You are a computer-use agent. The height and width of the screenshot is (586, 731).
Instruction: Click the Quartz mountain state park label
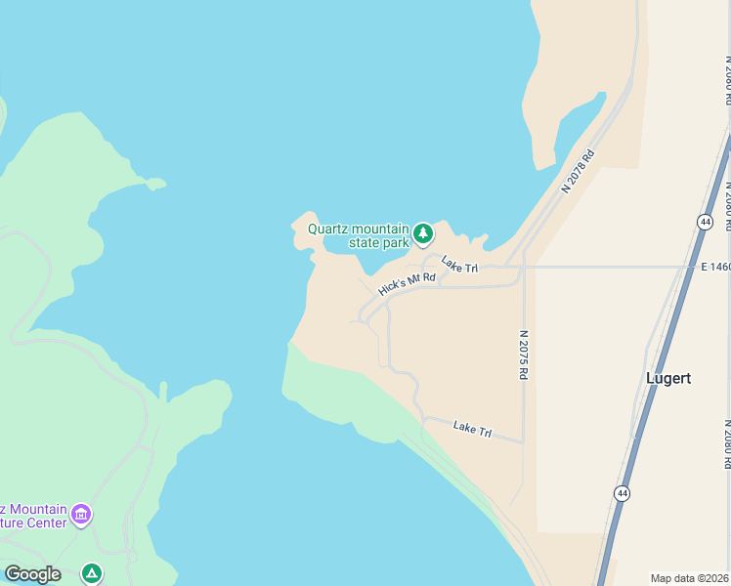click(x=359, y=235)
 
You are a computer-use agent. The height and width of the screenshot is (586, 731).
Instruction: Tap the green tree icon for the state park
click(x=423, y=232)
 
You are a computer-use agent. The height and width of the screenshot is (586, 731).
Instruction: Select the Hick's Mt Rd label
click(x=407, y=284)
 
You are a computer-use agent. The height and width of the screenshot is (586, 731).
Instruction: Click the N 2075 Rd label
click(x=525, y=354)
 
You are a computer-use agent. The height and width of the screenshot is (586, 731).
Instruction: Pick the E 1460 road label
click(x=714, y=266)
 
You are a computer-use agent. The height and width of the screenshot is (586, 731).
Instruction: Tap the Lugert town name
click(x=669, y=378)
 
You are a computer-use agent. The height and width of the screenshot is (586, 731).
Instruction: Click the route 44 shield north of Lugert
click(x=705, y=222)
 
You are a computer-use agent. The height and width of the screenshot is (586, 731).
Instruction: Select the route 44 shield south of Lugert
click(x=623, y=493)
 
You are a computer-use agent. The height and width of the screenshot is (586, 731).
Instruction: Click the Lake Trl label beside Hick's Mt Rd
click(x=459, y=264)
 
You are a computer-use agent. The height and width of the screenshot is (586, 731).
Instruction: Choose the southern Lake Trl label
click(x=473, y=428)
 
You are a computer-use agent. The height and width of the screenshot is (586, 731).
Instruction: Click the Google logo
click(x=32, y=574)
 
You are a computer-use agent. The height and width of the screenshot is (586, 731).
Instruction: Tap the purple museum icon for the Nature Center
click(x=81, y=513)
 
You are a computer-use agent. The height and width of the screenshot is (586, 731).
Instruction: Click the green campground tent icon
click(x=91, y=573)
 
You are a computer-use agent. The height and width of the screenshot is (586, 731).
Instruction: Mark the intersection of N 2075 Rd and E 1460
click(x=525, y=267)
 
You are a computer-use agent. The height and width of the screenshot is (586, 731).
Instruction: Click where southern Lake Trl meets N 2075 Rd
click(x=524, y=442)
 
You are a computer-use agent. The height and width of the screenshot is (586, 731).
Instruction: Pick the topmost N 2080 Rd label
click(x=727, y=88)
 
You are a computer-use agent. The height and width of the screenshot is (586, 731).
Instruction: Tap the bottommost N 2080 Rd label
click(x=727, y=444)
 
